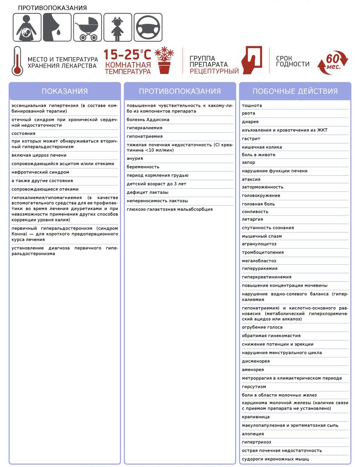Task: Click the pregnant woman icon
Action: (x=27, y=27)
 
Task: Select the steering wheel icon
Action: (x=148, y=27)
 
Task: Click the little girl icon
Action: (x=118, y=27)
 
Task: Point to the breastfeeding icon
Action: (x=57, y=27)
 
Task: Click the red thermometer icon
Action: (x=17, y=61)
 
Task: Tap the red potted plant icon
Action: (x=164, y=60)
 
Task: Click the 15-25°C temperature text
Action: (x=128, y=54)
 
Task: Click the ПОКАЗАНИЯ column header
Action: (x=64, y=91)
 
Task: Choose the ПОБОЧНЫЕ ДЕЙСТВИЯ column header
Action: (x=295, y=91)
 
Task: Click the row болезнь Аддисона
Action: (x=148, y=120)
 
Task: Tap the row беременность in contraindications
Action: (x=143, y=167)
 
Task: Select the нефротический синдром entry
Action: (x=40, y=172)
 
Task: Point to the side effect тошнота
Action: (x=252, y=106)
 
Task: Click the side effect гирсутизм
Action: (x=254, y=387)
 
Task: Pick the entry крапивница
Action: (x=256, y=417)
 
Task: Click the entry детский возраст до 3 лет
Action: (x=156, y=184)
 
